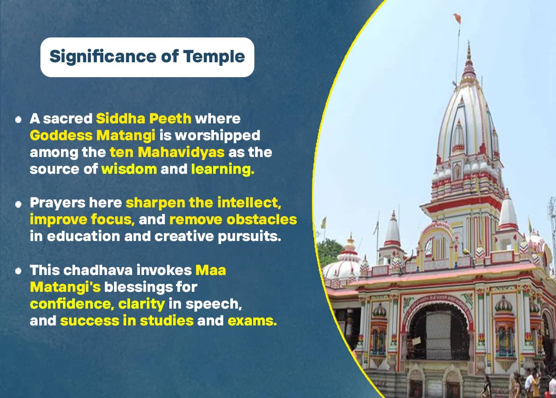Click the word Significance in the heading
(103, 57)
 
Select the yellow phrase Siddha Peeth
(144, 118)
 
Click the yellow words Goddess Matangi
(93, 136)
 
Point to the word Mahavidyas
(181, 152)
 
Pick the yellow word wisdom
(129, 169)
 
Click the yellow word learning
(223, 170)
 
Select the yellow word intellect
(249, 202)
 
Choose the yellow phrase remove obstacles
(233, 220)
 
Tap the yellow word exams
(252, 321)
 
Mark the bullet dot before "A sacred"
(18, 120)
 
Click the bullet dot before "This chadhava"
(18, 271)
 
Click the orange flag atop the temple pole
(458, 18)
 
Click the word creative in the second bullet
(184, 236)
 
